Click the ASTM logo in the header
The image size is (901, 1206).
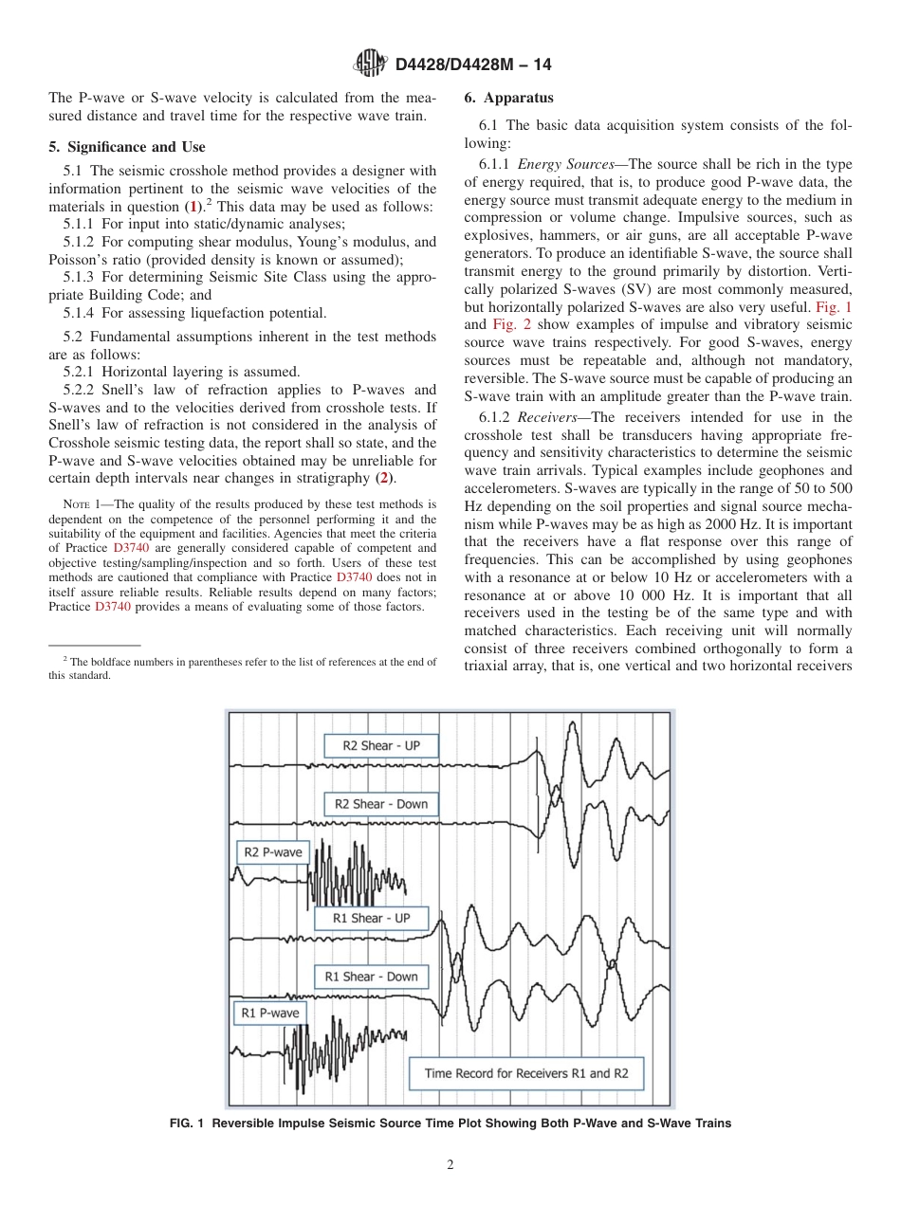pyautogui.click(x=369, y=64)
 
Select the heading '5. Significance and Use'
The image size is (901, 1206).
pyautogui.click(x=126, y=147)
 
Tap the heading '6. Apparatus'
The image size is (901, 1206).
pyautogui.click(x=509, y=98)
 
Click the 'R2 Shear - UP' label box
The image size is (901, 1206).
pyautogui.click(x=381, y=746)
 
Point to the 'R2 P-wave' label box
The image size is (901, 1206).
pyautogui.click(x=272, y=851)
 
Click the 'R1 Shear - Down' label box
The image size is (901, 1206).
pyautogui.click(x=371, y=977)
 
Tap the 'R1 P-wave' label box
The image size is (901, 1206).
pyautogui.click(x=270, y=1013)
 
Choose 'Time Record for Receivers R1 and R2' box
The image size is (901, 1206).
pyautogui.click(x=526, y=1073)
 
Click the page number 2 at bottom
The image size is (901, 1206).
pyautogui.click(x=450, y=1165)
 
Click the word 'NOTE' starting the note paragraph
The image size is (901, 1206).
pyautogui.click(x=75, y=504)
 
